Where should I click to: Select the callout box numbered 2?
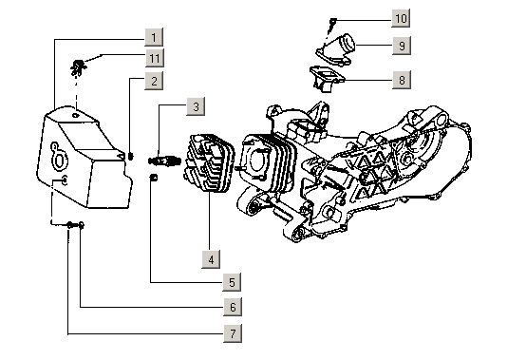(x=152, y=82)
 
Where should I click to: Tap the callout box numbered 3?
(x=194, y=106)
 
